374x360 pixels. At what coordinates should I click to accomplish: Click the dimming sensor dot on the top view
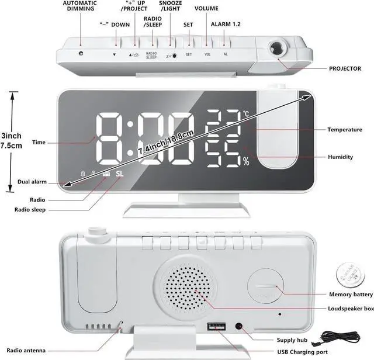79,53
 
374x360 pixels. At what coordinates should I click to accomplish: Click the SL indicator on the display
120,174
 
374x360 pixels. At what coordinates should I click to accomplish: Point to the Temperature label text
344,129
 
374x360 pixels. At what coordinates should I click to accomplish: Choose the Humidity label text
340,157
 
